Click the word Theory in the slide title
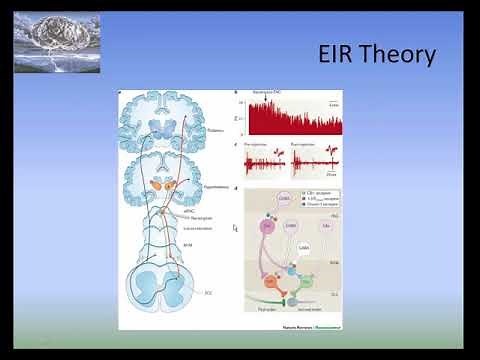[x=397, y=56]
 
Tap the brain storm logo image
[x=56, y=41]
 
